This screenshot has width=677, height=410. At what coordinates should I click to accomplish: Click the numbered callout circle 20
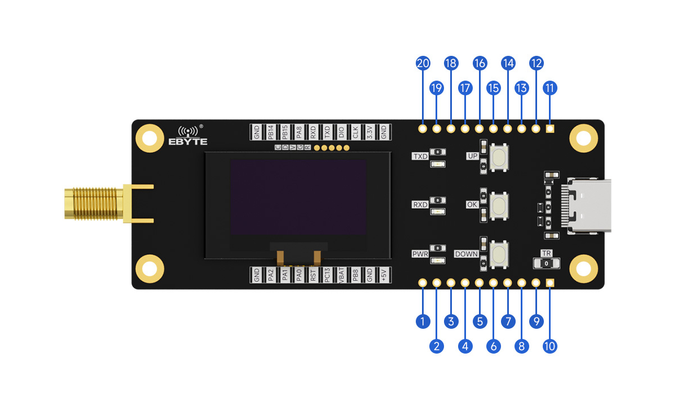pos(423,63)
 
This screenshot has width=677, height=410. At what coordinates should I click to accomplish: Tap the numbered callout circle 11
pos(550,88)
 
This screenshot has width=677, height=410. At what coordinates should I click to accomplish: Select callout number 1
pos(423,321)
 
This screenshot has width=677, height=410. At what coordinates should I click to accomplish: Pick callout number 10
pos(550,346)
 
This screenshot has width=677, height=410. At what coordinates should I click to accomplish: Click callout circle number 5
pos(480,321)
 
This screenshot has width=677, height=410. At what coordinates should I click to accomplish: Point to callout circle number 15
pos(494,88)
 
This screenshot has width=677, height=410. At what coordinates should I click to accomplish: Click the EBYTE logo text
pos(188,142)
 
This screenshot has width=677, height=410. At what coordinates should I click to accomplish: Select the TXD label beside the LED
pos(420,156)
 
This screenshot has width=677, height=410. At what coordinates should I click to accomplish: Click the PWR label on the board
pos(420,254)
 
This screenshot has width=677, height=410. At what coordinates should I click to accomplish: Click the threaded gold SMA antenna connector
pos(93,204)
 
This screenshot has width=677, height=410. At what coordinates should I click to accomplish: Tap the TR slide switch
pos(546,263)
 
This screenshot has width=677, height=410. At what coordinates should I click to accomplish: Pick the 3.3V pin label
pos(370,132)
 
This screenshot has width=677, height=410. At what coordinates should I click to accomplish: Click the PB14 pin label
pos(271,132)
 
